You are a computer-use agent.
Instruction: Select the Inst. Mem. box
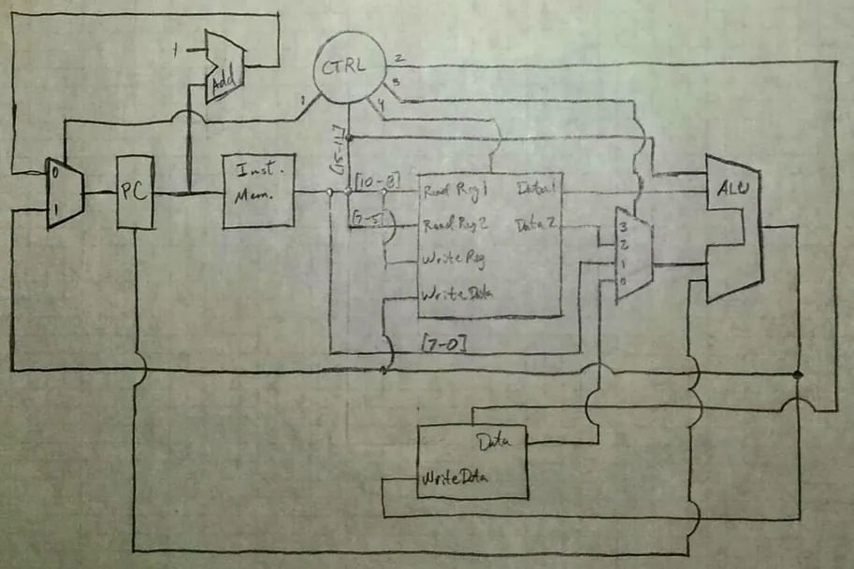[x=258, y=190]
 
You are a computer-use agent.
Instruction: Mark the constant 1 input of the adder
[x=175, y=47]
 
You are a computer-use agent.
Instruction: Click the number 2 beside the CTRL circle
[x=399, y=59]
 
